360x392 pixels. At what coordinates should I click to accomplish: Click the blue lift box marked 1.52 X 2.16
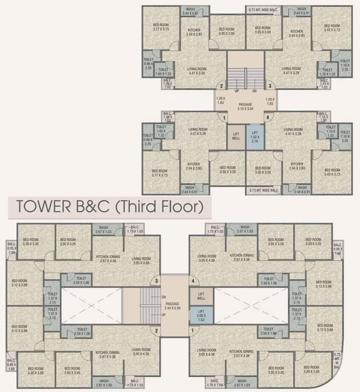pos(254,136)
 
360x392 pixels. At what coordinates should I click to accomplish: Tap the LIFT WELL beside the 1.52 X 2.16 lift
pos(235,136)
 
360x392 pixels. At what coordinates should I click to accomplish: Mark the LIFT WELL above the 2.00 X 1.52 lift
pos(201,296)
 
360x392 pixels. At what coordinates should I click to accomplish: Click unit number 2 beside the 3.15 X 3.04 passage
pos(222,86)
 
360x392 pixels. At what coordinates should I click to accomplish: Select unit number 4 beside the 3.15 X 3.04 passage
pos(266,117)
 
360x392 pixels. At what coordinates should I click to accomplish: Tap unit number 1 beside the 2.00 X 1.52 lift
pos(193,330)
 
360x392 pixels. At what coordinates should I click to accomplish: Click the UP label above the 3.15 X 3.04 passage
pos(236,91)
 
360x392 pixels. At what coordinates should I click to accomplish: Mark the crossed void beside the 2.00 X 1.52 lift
pos(250,305)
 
